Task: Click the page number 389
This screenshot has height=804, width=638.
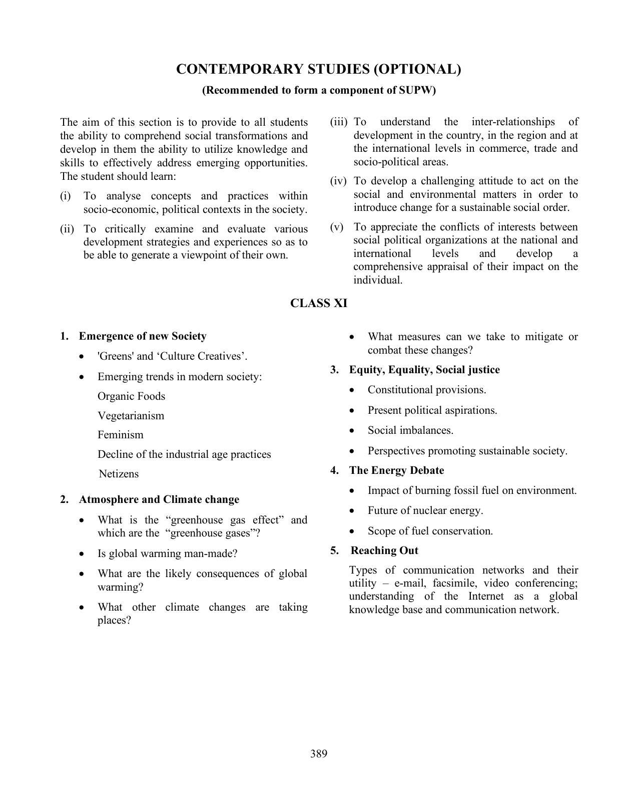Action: coord(318,753)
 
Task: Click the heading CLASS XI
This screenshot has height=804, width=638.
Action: coord(318,304)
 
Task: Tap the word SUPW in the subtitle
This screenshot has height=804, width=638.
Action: coord(417,90)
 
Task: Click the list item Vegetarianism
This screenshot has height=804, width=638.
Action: coord(131,416)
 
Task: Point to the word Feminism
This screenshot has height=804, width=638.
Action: coord(120,435)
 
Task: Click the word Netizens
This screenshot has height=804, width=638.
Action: coord(119,474)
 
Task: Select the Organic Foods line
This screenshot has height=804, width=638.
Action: coord(131,396)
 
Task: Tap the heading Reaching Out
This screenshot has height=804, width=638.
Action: coord(384,551)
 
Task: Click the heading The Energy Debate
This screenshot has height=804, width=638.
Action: coord(396,470)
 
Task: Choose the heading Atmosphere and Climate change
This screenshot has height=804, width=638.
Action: coord(159,499)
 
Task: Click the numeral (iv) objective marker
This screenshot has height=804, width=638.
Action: coord(338,181)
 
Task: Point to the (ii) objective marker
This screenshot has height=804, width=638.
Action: coord(67,229)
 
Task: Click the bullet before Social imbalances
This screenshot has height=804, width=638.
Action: coord(354,431)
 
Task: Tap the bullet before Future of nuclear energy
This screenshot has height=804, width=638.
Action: coord(354,511)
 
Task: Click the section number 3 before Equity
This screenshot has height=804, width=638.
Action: coord(334,370)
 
